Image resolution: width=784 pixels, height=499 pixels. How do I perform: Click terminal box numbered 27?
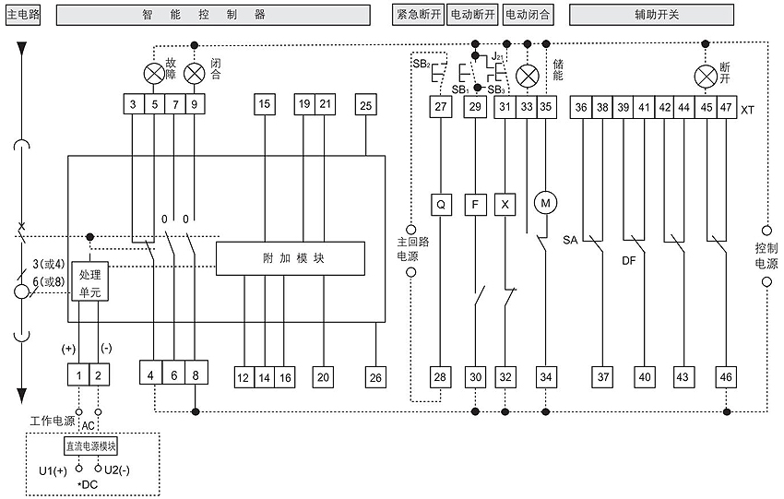(x=441, y=106)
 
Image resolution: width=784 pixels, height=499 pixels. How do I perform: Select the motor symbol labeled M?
(x=545, y=203)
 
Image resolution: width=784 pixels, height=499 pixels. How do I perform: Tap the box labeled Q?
(x=441, y=204)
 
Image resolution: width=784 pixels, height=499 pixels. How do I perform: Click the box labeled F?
(x=475, y=204)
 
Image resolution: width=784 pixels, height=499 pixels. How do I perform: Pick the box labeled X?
(x=505, y=204)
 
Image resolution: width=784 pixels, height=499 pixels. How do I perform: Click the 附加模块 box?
(x=290, y=258)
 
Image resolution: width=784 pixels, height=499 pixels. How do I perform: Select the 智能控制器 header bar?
(x=213, y=15)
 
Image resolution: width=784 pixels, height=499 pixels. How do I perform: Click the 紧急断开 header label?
(x=419, y=15)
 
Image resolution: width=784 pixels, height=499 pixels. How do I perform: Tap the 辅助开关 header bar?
(x=651, y=15)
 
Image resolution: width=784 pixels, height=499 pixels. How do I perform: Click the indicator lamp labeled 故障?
(x=153, y=74)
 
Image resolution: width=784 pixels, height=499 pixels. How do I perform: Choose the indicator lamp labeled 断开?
(x=706, y=77)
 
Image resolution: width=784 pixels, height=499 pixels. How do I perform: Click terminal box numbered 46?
(x=726, y=377)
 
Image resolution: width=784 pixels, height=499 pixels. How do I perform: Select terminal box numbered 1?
(x=78, y=375)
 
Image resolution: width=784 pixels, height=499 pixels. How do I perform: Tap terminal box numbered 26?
(x=375, y=377)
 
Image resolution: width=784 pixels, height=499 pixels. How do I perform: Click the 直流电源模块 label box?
(x=91, y=446)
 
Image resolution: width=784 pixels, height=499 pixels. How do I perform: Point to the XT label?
(x=747, y=110)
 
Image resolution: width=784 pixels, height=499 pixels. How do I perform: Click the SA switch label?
(x=570, y=240)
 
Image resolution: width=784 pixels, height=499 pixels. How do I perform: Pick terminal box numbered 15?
(x=265, y=104)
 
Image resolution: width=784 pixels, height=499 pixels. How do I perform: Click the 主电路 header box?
(x=23, y=15)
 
